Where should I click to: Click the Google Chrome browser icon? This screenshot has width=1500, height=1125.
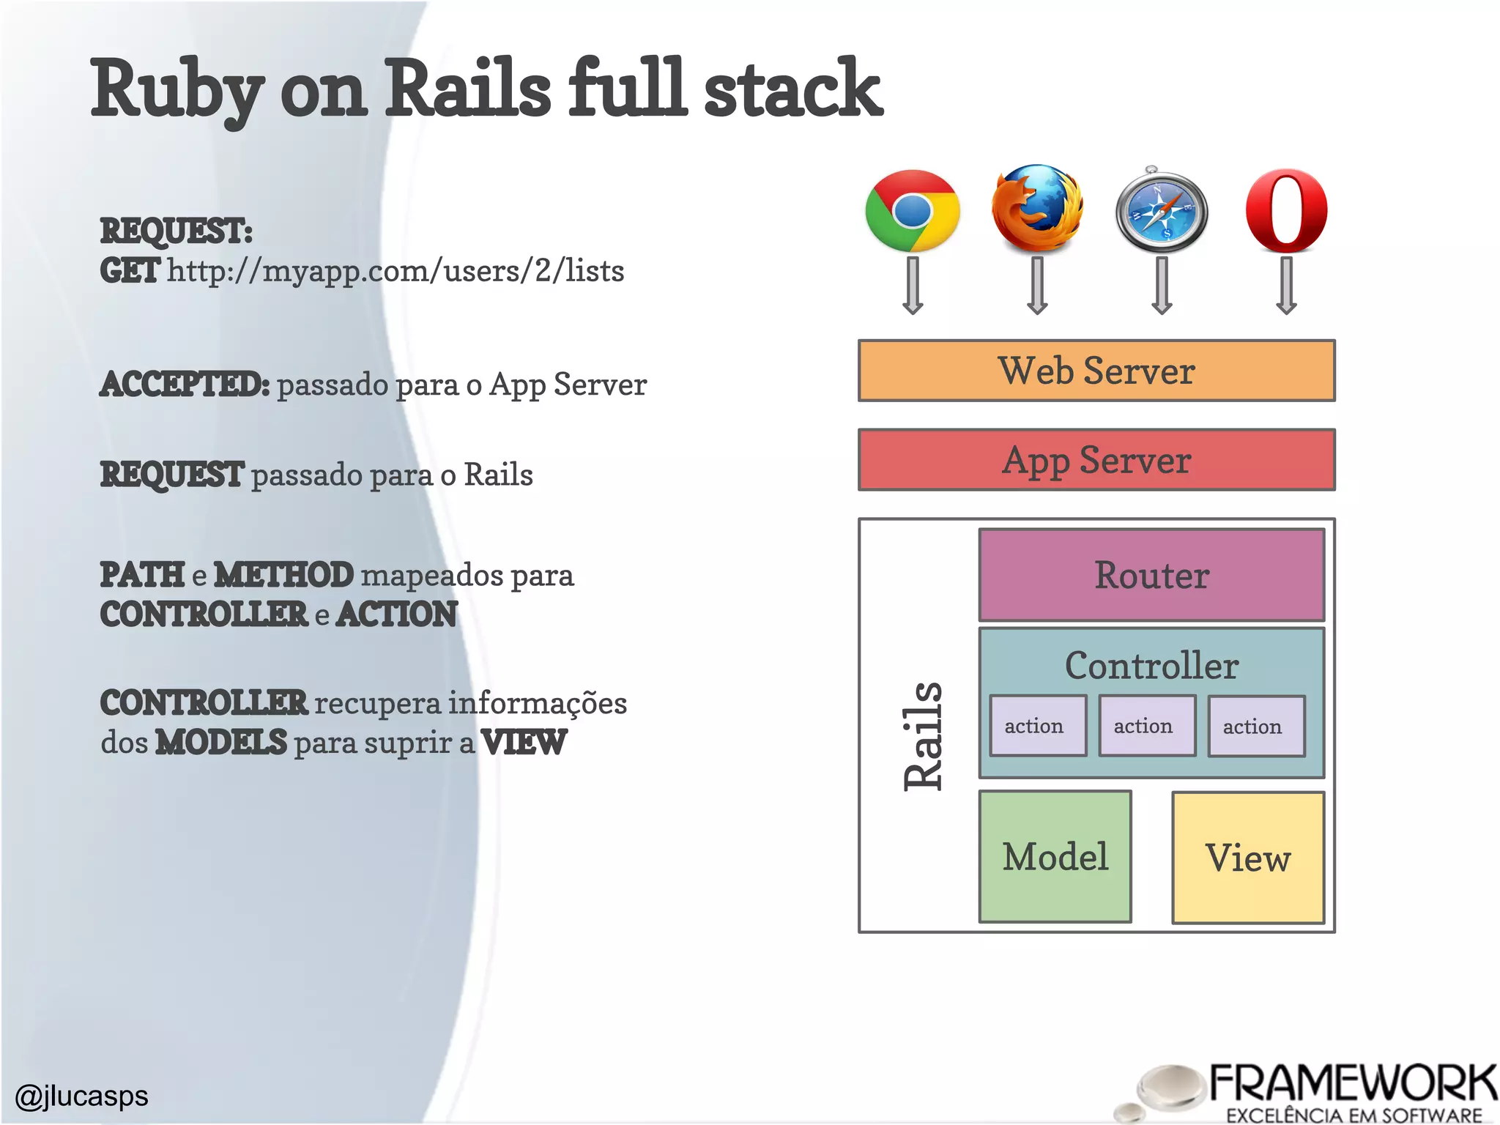coord(912,211)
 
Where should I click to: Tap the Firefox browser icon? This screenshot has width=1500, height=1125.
coord(1037,209)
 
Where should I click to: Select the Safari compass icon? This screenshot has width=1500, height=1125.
coord(1161,211)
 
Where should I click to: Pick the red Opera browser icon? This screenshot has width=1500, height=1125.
coord(1286,211)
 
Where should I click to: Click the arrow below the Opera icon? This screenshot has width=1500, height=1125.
coord(1286,286)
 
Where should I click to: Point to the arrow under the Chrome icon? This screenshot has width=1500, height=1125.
coord(912,286)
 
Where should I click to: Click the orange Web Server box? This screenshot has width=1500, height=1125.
coord(1096,371)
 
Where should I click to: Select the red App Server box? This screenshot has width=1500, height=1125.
coord(1096,460)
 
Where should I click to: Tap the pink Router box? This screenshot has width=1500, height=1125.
coord(1151,575)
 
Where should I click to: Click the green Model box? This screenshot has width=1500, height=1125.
coord(1055,857)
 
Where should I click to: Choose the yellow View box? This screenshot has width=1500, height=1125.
coord(1248,858)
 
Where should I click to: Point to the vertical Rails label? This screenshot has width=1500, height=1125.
coord(923,735)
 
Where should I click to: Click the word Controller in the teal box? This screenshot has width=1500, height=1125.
coord(1151,665)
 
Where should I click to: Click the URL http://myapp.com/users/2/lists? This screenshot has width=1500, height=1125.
coord(396,271)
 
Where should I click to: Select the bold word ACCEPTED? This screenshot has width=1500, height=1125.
coord(185,385)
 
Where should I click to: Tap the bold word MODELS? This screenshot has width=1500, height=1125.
coord(221,742)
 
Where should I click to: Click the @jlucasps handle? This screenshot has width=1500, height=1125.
coord(82,1096)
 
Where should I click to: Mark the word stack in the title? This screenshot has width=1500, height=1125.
coord(792,89)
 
